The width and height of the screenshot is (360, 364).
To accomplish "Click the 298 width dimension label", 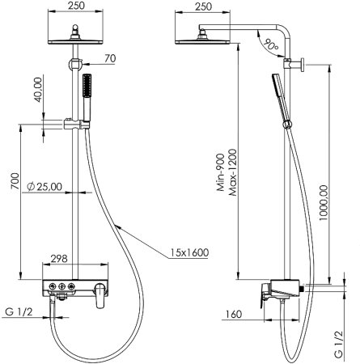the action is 59,259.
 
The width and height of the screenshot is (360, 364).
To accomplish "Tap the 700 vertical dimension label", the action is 15,181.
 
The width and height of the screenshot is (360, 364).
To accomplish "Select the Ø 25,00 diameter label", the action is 44,187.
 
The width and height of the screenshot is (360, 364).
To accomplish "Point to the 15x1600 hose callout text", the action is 189,252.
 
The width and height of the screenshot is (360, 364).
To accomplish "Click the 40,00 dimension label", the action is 38,90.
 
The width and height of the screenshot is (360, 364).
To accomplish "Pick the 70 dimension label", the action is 110,58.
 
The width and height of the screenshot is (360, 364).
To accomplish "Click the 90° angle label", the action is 270,44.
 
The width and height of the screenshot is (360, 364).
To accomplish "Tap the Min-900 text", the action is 220,172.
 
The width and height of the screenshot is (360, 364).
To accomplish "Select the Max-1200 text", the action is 232,172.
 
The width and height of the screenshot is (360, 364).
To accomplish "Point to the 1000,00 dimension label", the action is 323,202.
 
